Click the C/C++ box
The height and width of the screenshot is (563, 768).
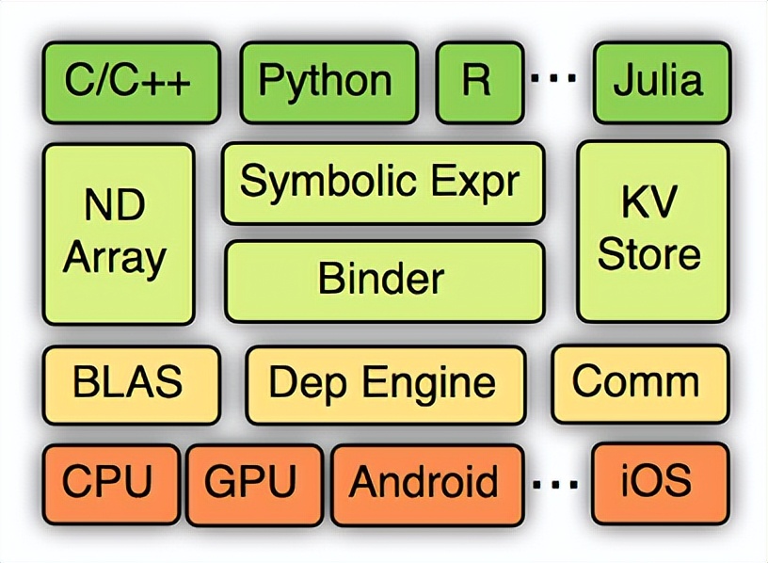pyautogui.click(x=131, y=81)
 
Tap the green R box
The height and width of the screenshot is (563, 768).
pyautogui.click(x=477, y=81)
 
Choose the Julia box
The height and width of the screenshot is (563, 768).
pyautogui.click(x=661, y=81)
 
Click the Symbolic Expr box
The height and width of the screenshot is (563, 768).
pyautogui.click(x=382, y=182)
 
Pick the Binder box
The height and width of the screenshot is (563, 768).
pyautogui.click(x=382, y=280)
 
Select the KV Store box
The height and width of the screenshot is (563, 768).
pyautogui.click(x=652, y=233)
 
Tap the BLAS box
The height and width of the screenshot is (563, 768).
pyautogui.click(x=131, y=384)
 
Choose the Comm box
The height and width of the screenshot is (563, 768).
pyautogui.click(x=638, y=383)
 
